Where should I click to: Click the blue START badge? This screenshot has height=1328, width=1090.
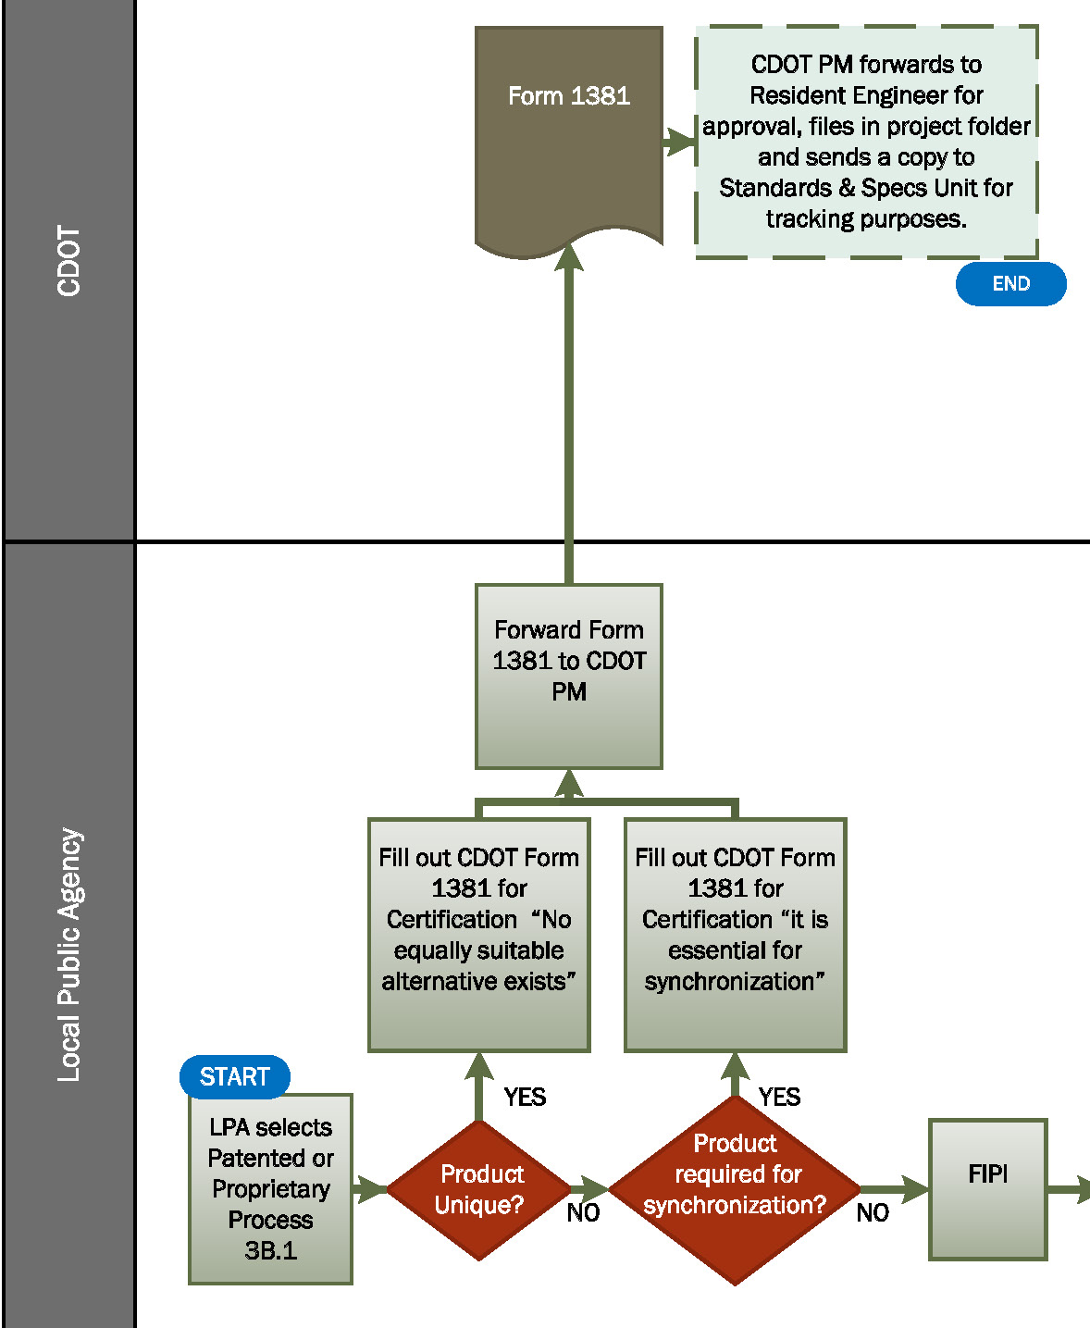click(x=234, y=1076)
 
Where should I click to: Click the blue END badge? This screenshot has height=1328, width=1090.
click(x=1010, y=283)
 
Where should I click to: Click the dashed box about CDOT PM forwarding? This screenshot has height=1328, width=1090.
click(x=866, y=142)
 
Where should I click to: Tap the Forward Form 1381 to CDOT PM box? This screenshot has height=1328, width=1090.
click(x=568, y=676)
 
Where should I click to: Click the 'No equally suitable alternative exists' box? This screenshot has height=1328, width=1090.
click(x=478, y=935)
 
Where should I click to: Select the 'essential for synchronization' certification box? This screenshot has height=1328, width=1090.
click(x=735, y=935)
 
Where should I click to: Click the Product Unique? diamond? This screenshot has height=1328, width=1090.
click(x=479, y=1190)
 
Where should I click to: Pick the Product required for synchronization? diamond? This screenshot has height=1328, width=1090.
click(x=735, y=1190)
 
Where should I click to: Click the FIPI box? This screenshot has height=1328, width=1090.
click(x=987, y=1189)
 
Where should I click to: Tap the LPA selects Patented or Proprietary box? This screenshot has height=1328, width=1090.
click(x=270, y=1189)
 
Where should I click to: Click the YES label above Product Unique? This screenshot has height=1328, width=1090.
click(x=525, y=1097)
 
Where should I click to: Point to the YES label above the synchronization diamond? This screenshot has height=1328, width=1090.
click(x=779, y=1097)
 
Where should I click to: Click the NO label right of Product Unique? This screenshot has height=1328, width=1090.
click(x=583, y=1212)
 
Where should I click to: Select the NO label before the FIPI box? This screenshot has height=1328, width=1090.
click(x=873, y=1212)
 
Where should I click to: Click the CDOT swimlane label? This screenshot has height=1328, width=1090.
click(x=69, y=261)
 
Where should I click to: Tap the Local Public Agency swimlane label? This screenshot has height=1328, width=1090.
click(x=69, y=953)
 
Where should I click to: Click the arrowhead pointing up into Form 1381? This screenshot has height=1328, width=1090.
click(x=568, y=256)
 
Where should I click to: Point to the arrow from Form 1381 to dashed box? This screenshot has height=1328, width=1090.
click(x=679, y=142)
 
